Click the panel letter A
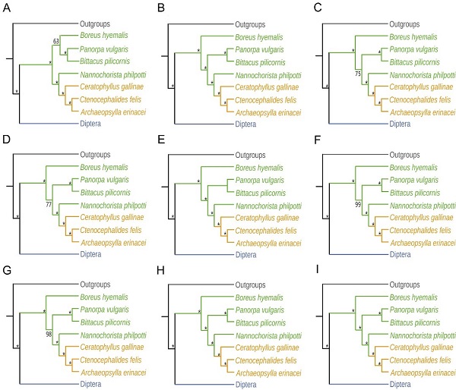[x=7, y=9]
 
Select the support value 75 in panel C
[x=356, y=74]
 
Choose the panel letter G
[x=7, y=270]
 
